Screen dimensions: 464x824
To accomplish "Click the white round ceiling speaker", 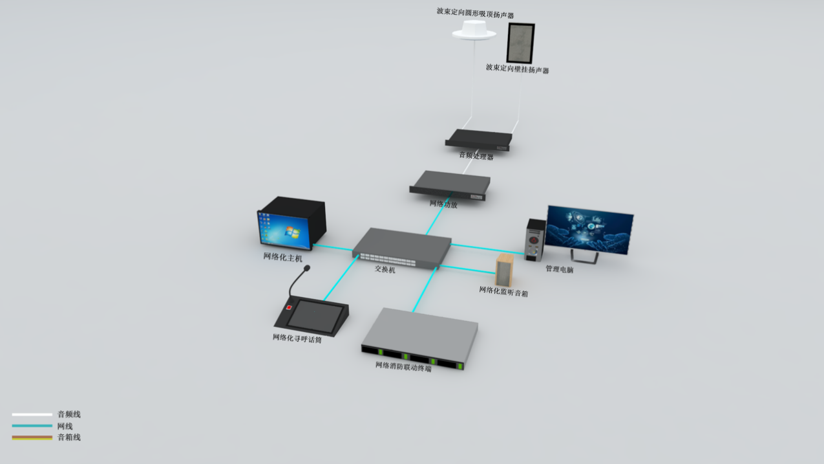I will (474, 30).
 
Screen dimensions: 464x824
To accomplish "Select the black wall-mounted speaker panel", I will (520, 42).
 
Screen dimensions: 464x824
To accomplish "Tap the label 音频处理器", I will (476, 156).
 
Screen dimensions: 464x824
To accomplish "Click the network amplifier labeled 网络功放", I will (450, 184).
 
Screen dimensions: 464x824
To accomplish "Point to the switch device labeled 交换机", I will (402, 247).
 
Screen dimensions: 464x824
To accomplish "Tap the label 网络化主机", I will (282, 257).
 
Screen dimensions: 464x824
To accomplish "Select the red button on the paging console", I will (289, 307).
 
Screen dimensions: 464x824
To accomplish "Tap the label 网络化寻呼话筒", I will (297, 338).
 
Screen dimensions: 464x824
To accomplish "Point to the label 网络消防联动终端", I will (403, 367).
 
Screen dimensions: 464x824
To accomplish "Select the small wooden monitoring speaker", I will (505, 270).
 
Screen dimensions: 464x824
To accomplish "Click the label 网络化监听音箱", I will (503, 292).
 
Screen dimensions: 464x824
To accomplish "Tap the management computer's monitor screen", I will (589, 229).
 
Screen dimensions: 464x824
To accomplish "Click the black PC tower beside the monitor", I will (535, 239).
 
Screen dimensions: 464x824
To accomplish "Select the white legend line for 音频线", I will (32, 414).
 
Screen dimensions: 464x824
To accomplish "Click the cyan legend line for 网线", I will (32, 426).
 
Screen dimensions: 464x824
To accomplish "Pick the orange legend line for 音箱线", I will (32, 437).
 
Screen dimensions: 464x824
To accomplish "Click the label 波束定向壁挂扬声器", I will (517, 69).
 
